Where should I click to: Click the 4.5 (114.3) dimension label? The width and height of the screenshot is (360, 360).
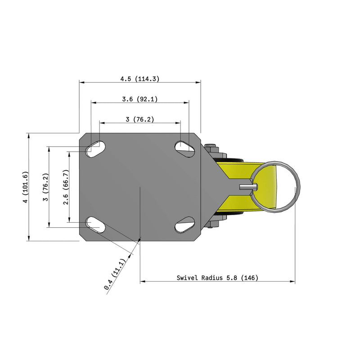tap(139, 79)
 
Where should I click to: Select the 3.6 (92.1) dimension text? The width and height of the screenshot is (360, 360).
tap(139, 99)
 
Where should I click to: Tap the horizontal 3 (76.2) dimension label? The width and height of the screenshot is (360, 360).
tap(139, 119)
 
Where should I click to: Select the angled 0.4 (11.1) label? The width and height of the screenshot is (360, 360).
tap(115, 274)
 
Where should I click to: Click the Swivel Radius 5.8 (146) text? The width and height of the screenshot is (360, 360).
tap(217, 278)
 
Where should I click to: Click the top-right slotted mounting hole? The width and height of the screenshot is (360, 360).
tap(184, 146)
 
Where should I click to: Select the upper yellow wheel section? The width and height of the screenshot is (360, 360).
tap(238, 171)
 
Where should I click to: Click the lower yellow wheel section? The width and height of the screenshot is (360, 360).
tap(238, 202)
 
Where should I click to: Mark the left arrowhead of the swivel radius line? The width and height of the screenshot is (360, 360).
tap(143, 282)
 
